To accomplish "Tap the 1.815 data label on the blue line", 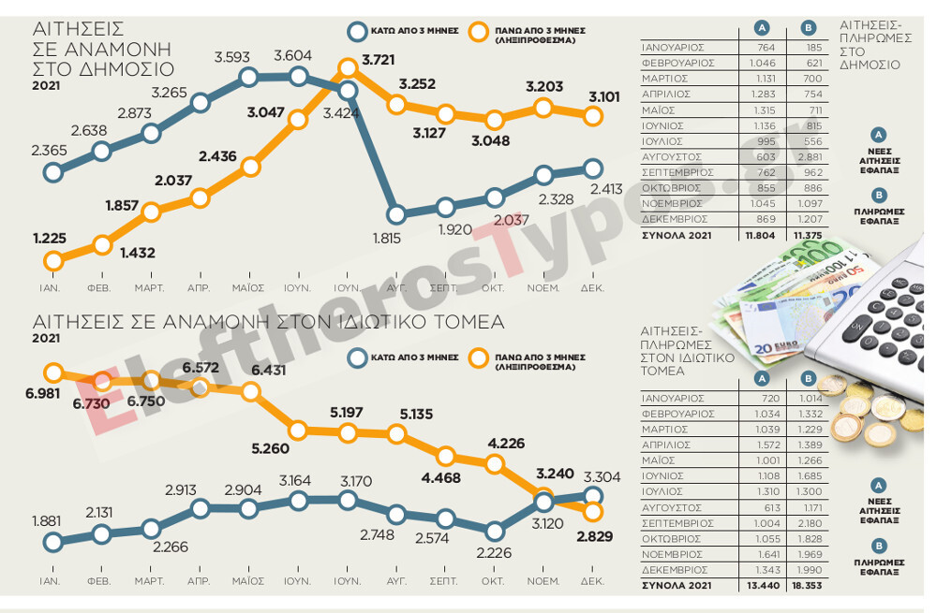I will point(387,238).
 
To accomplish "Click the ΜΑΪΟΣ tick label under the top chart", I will point(248,287).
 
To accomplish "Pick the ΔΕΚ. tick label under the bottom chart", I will point(592,581).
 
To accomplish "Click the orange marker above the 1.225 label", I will point(53,261).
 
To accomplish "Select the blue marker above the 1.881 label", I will point(53,542).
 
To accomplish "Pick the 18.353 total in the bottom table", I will point(809,585).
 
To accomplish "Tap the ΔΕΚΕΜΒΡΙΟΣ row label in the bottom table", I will point(674,569).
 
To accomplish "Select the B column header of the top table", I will point(809,28).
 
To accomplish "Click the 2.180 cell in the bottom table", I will point(809,524).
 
